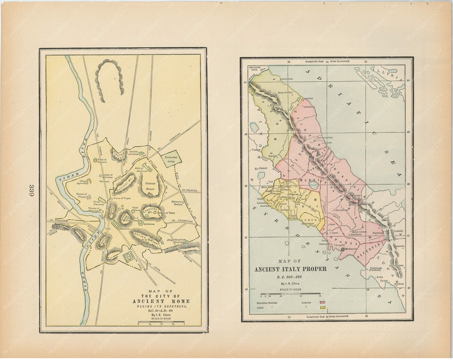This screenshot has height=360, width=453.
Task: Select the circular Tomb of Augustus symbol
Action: pos(96,160)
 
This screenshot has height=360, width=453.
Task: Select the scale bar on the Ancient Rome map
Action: pos(161,321)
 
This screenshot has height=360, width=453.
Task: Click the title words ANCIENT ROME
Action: pos(161,301)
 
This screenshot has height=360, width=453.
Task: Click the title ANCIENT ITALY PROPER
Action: pos(290,269)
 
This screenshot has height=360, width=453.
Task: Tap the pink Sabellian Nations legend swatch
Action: pos(323,302)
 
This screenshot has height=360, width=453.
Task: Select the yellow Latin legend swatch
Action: pos(323,308)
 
